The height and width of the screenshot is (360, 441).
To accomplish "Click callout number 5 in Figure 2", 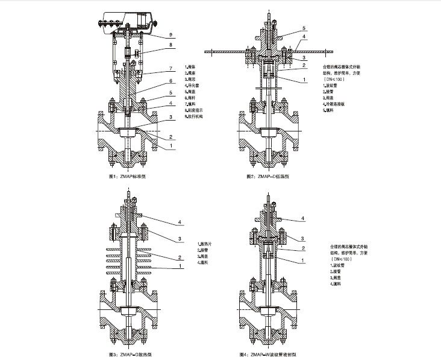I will click(305, 28).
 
